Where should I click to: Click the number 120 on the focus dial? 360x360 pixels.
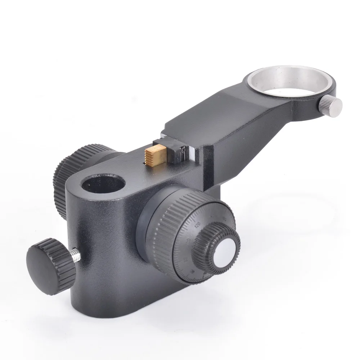(x=197, y=225)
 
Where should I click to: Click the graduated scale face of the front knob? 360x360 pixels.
(x=191, y=252)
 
